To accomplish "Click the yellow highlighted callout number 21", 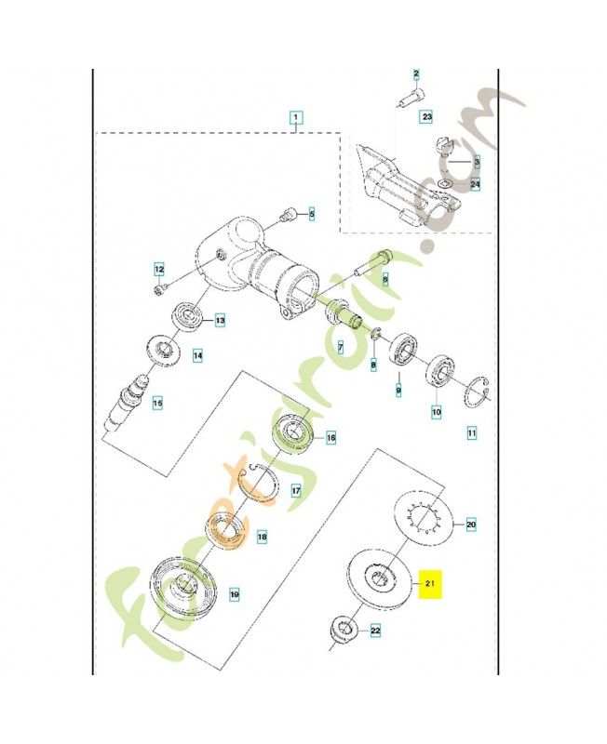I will tap(430, 584).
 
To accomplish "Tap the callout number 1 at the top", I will tap(294, 118).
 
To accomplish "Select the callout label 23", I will tap(426, 117).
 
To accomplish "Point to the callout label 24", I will tap(475, 184).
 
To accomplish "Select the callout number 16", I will tap(330, 436).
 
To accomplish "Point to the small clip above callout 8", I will tap(376, 335).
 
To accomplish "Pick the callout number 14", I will tap(197, 355).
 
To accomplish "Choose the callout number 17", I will tap(296, 491).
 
